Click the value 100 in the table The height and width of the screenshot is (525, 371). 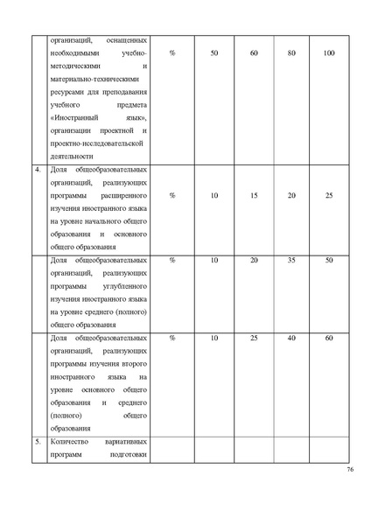coord(329,54)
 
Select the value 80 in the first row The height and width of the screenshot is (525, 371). coord(291,54)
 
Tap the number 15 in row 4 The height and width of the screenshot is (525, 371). coord(254,195)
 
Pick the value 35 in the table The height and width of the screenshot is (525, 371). coord(291,260)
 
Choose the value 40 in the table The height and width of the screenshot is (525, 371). coord(291,337)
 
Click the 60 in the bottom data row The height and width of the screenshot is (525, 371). coord(329,337)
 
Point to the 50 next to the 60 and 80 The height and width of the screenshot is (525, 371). coord(215,54)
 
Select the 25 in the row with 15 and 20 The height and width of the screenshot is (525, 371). coord(329,195)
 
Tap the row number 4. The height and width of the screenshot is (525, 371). coord(38,169)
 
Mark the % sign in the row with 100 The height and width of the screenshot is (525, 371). coord(171,54)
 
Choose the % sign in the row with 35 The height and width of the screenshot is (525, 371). coord(171,260)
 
